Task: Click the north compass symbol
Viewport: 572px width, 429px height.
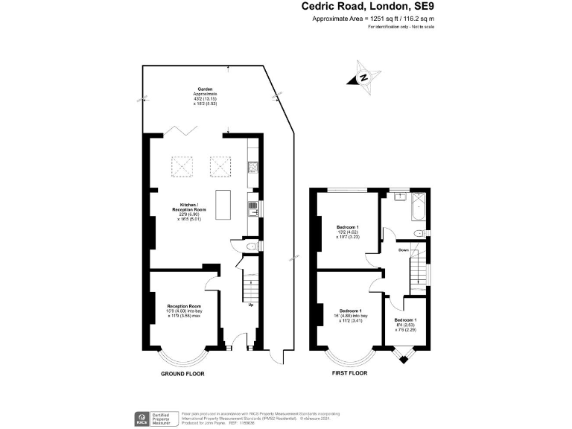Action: [x=363, y=77]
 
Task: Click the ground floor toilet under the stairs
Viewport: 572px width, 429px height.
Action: [x=252, y=246]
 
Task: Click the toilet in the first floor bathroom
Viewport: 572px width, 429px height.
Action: [x=419, y=233]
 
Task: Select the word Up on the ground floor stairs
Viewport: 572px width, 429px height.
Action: [x=250, y=304]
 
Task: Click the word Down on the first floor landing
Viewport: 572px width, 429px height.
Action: [x=403, y=250]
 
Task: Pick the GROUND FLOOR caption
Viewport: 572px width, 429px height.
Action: [x=183, y=373]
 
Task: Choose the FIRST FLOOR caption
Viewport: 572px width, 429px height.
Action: [x=349, y=372]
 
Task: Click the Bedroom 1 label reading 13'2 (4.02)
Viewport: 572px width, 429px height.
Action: [x=348, y=231]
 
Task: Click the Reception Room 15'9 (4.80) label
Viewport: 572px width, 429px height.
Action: [x=185, y=311]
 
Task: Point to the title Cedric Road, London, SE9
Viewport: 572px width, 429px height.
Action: [x=368, y=7]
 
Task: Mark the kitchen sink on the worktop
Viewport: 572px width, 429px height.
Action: [x=253, y=209]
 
